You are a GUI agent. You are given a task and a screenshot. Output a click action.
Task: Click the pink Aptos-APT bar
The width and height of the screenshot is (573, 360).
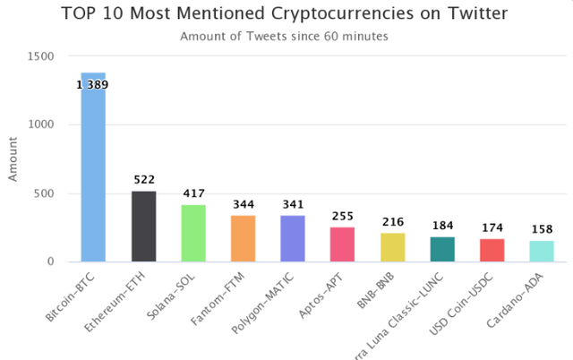[342, 244]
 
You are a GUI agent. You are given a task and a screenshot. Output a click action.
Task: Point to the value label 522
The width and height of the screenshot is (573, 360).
[144, 180]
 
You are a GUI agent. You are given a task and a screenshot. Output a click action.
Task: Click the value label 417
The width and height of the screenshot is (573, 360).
[194, 193]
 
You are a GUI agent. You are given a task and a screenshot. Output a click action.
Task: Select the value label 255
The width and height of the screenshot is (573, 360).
[343, 216]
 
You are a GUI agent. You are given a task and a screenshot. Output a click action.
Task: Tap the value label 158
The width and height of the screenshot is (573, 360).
[543, 229]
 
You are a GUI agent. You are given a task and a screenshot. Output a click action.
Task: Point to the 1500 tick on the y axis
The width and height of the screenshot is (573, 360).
[42, 56]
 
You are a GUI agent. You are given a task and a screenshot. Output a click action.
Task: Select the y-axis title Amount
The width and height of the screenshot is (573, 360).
[13, 159]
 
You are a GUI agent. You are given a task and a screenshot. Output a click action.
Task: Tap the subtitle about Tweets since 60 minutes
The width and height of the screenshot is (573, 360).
[286, 37]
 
